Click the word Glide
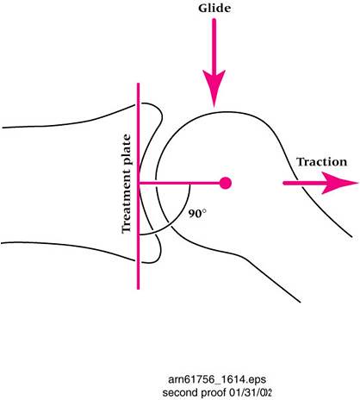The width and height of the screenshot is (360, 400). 214,9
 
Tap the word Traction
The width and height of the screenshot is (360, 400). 322,162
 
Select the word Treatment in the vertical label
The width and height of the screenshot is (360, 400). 127,199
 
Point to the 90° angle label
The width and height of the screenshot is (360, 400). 197,214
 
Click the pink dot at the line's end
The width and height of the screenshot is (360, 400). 226,183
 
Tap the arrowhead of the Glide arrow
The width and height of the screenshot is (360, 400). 214,88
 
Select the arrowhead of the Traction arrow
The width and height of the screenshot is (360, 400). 340,183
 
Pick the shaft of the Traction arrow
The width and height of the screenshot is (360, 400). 304,183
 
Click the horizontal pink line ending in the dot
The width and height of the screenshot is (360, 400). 179,183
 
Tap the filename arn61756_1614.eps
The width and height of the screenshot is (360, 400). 217,379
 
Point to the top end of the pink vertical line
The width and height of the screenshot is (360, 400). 139,84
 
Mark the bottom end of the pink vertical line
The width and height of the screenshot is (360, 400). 139,289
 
